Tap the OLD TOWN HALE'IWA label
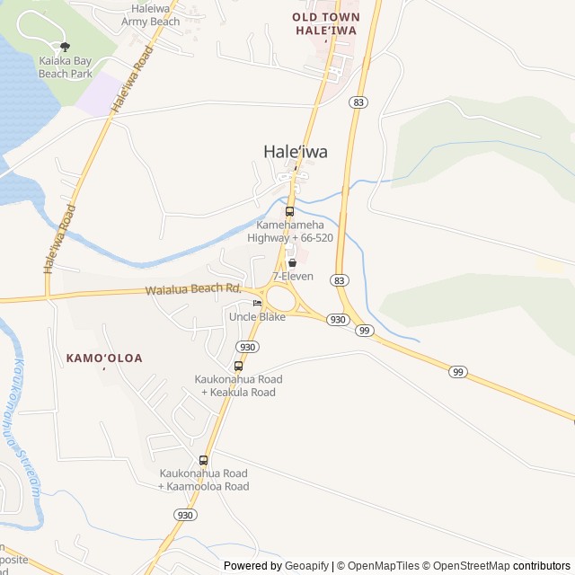(x=326, y=23)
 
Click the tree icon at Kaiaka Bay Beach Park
(x=63, y=46)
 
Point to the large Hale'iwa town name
(x=295, y=153)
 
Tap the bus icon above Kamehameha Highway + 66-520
(x=289, y=211)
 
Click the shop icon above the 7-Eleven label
(x=292, y=263)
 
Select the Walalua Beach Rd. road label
(x=194, y=289)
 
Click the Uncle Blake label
(x=257, y=317)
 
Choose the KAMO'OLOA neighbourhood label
(x=104, y=358)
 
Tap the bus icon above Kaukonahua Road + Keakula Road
(x=238, y=366)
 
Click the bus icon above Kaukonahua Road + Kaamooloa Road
(x=203, y=460)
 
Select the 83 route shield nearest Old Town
(x=359, y=103)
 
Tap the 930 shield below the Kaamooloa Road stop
(x=184, y=515)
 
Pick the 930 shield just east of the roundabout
(x=337, y=320)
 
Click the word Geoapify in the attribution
(x=307, y=566)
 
